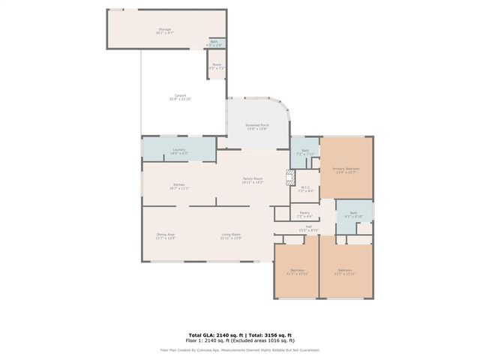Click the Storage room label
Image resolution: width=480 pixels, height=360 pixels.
point(165,31)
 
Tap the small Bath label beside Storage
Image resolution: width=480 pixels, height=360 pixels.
point(214,43)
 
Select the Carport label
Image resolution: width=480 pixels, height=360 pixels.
point(180,97)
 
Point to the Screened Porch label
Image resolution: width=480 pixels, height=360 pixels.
point(257,126)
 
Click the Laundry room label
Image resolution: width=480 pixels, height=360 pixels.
point(178,151)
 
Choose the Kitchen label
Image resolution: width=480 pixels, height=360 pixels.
point(179,186)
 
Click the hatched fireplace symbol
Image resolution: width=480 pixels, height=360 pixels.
point(289,178)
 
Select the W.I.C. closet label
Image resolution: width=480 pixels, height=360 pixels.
point(305,190)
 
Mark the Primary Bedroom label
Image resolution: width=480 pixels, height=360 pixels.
point(346,170)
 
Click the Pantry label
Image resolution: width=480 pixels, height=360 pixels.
point(304,214)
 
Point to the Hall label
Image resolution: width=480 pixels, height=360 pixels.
point(309,228)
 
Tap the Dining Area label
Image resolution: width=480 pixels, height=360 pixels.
point(165,236)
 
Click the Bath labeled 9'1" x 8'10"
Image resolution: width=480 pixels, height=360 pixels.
point(352,214)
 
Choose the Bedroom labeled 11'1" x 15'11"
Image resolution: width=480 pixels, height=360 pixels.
point(297,271)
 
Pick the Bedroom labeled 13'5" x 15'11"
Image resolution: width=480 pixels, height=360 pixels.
point(345,271)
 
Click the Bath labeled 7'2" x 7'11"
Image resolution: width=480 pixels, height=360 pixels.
point(304,152)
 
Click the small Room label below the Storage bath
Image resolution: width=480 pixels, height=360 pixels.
point(216,67)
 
